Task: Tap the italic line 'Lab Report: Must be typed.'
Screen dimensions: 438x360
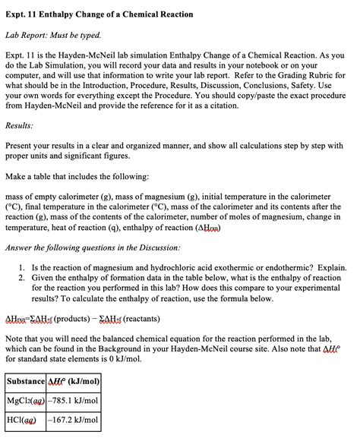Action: pos(54,35)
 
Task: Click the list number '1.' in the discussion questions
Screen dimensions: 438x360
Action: pos(23,267)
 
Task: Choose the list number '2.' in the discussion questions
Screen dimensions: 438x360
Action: pos(23,278)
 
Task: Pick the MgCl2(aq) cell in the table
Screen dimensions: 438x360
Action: pos(26,399)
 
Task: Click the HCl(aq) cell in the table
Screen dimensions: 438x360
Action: pos(22,419)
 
